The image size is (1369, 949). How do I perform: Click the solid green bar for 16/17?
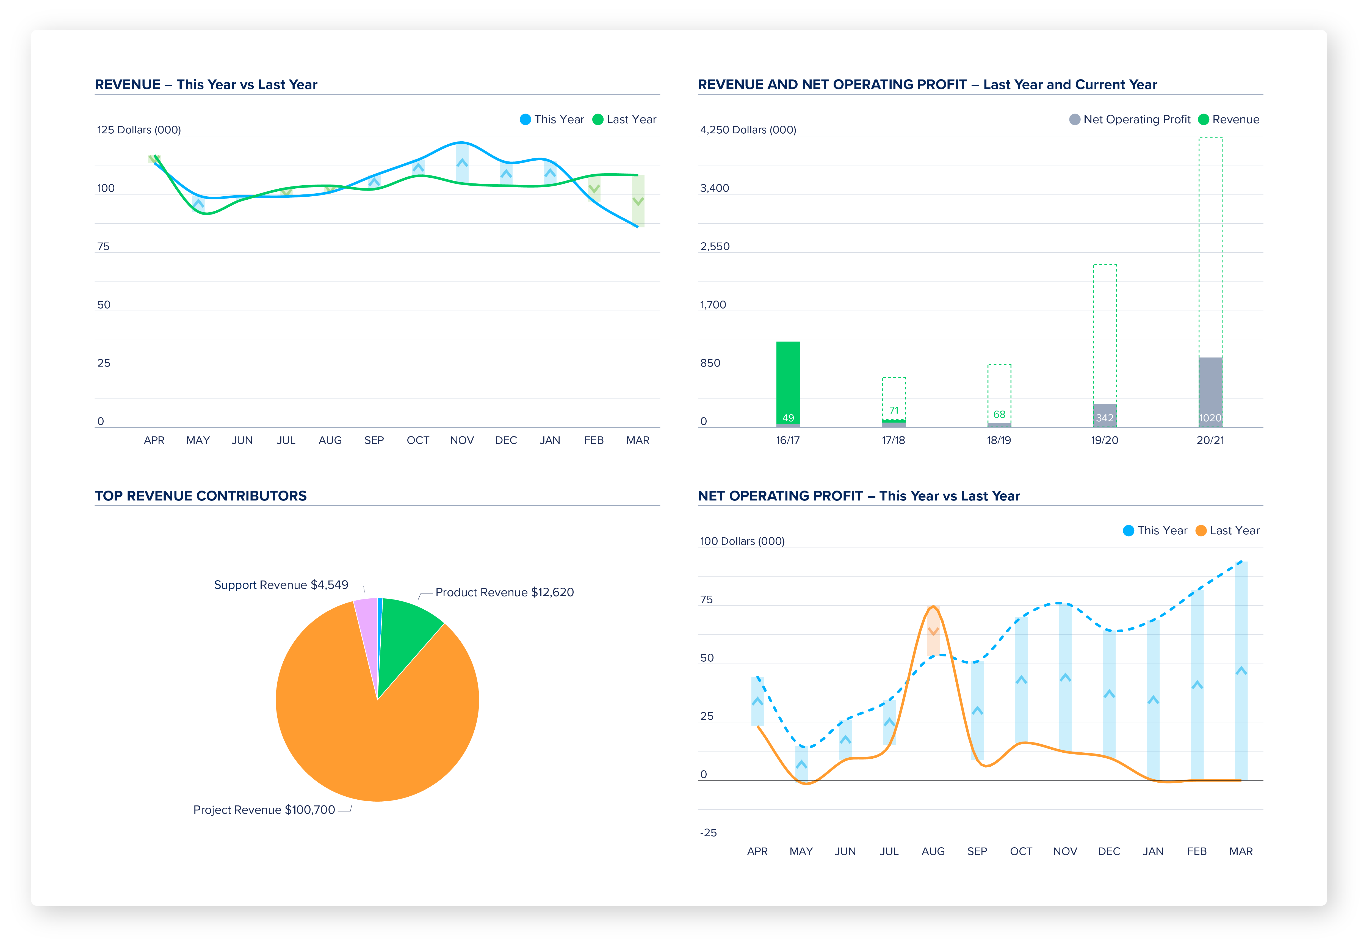coord(788,381)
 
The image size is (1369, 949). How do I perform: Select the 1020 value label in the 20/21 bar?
coord(1210,418)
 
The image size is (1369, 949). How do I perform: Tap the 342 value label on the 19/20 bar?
coord(1105,418)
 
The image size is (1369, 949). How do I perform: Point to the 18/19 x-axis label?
coord(999,440)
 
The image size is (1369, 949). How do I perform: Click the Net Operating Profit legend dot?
coord(1074,120)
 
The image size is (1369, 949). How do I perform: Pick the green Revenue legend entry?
coord(1229,120)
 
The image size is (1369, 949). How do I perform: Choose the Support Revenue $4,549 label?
coord(281,585)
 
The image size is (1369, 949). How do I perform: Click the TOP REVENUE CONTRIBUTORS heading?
coord(201,496)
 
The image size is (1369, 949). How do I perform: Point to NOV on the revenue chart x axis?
coord(462,440)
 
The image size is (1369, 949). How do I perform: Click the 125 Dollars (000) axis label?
coord(139,130)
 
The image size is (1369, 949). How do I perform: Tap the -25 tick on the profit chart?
coord(708,832)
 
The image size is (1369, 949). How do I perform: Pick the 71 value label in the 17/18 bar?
coord(894,410)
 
